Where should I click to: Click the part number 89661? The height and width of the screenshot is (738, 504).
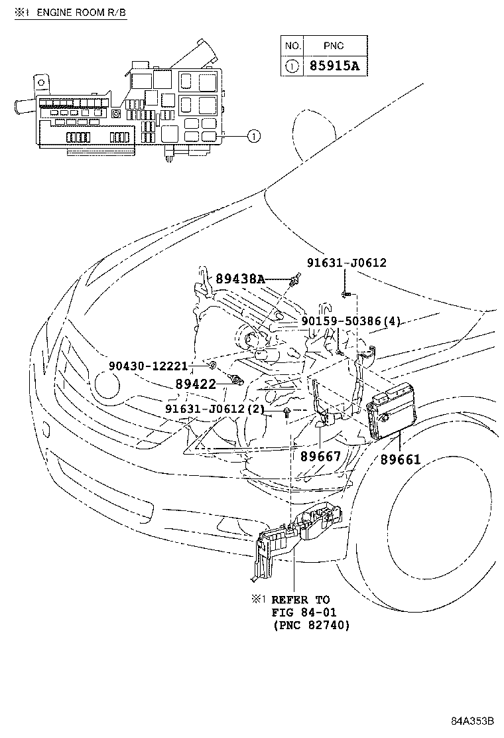[401, 459]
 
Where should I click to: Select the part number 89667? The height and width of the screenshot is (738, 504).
[320, 456]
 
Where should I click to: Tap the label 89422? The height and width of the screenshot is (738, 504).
[196, 384]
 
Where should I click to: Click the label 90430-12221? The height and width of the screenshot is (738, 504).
[149, 366]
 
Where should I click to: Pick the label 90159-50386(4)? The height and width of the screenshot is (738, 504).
[351, 321]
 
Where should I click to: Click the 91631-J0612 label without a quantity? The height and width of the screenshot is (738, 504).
[346, 263]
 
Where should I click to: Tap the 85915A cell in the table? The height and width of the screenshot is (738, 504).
[336, 66]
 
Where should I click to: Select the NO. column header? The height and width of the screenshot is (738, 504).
[292, 46]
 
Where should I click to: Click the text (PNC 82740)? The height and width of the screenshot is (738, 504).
[310, 625]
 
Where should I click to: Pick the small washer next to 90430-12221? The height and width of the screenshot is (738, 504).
[211, 365]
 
